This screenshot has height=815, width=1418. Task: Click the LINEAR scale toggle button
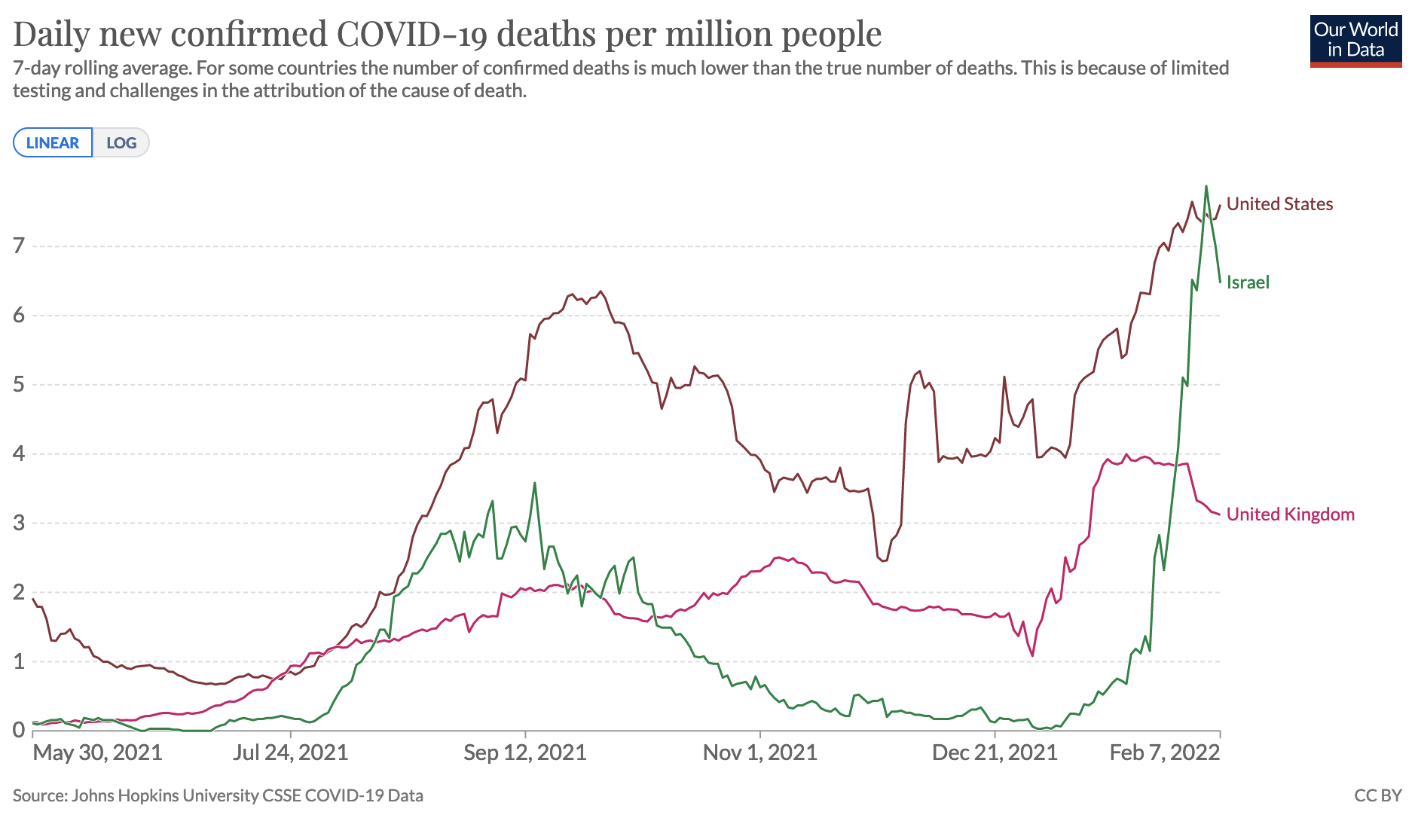(53, 142)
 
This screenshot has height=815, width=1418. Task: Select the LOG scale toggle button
(121, 142)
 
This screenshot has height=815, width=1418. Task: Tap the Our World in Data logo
(1355, 41)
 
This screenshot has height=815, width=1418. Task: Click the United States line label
(1279, 204)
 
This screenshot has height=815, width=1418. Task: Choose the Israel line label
(1248, 282)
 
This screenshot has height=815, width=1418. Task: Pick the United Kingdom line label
(1290, 514)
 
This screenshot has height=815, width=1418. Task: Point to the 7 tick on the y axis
(19, 246)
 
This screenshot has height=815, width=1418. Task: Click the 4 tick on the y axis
(19, 453)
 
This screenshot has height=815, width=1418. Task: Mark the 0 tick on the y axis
(19, 730)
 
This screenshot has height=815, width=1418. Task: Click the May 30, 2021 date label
(98, 752)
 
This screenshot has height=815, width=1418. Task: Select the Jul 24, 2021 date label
(291, 752)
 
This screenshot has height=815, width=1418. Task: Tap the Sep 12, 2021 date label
(525, 752)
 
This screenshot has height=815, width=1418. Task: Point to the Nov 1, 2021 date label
(759, 752)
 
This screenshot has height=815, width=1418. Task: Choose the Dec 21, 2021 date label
(995, 752)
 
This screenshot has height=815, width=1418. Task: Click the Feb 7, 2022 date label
(1164, 752)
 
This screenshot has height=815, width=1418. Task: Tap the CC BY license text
(1377, 795)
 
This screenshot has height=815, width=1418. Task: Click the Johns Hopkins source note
(218, 795)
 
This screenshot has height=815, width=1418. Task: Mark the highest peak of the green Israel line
(1206, 186)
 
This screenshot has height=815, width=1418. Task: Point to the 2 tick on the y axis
(19, 592)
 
